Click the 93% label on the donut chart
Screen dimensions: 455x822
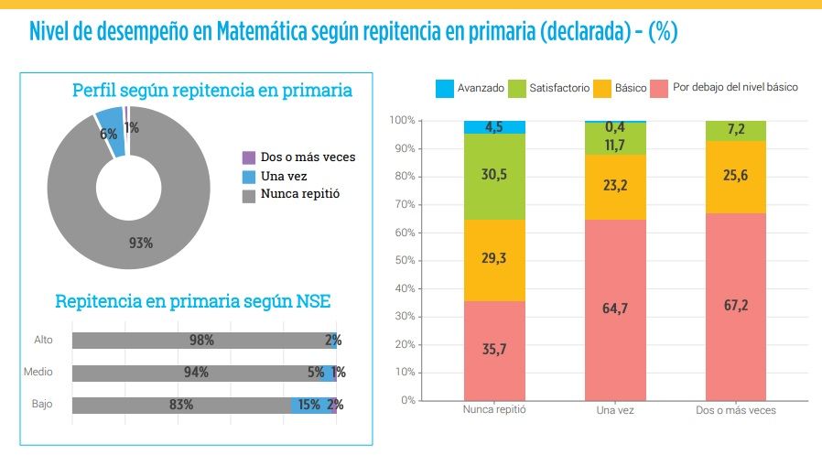(141, 244)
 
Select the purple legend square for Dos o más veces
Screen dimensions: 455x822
(248, 157)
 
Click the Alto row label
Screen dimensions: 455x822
(44, 340)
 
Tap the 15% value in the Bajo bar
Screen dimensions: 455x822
(309, 405)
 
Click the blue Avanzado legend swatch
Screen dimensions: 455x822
(445, 89)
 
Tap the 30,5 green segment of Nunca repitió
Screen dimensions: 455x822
(494, 176)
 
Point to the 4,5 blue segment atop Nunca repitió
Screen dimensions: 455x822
(494, 127)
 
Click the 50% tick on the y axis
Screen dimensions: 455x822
(403, 260)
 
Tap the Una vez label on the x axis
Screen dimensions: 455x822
(615, 411)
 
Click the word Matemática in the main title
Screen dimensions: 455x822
(266, 33)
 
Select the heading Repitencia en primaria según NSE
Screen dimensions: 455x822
(193, 301)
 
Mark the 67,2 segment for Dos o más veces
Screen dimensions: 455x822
(736, 306)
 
